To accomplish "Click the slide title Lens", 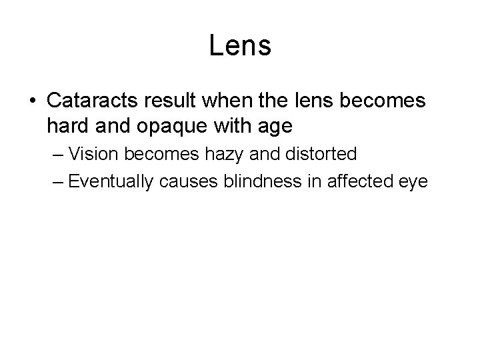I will click(240, 46).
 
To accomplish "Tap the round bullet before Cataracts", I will click(33, 102).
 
